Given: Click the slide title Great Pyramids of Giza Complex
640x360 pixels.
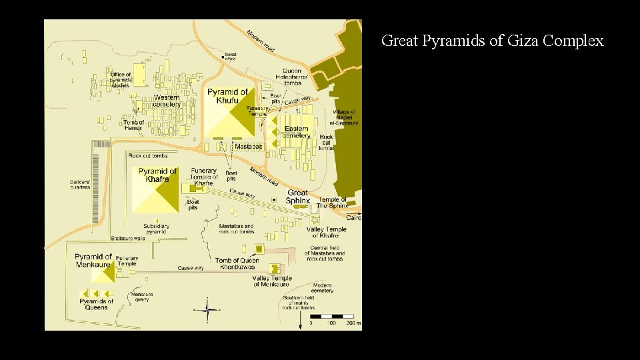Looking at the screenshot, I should click(x=492, y=41).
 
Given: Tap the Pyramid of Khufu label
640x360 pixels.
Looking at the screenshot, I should click(x=227, y=96).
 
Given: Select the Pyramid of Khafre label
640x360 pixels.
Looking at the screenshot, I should click(x=158, y=175).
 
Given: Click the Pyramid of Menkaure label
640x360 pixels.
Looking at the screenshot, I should click(x=93, y=260).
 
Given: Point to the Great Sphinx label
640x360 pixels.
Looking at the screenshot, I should click(x=297, y=197).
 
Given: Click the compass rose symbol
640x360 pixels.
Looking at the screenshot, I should click(x=209, y=309).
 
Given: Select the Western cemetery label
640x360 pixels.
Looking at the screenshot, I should click(x=166, y=101).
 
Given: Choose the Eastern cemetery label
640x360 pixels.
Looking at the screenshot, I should click(x=296, y=132).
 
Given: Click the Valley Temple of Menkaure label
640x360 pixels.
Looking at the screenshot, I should click(x=272, y=281).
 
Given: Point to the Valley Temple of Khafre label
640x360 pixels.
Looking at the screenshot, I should click(x=326, y=232).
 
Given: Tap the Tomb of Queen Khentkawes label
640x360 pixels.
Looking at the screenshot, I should click(x=237, y=264).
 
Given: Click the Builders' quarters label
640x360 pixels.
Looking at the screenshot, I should click(x=80, y=185).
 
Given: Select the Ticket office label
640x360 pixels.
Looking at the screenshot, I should click(x=231, y=56).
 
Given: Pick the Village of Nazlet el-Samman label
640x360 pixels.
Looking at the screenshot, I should click(x=345, y=117).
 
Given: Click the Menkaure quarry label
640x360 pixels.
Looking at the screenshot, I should click(x=141, y=297).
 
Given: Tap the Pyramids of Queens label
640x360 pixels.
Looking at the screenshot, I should click(x=97, y=304).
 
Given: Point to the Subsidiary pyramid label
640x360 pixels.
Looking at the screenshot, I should click(x=156, y=229).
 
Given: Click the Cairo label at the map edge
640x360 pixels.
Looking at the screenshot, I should click(x=354, y=218).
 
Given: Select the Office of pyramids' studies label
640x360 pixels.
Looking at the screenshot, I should click(x=121, y=80).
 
